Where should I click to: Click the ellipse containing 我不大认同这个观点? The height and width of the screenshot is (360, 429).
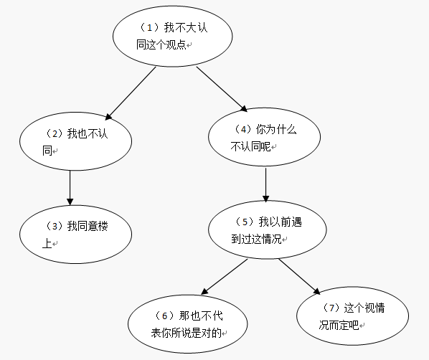point(172,36)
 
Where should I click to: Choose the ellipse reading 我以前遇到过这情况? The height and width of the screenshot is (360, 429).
point(267,229)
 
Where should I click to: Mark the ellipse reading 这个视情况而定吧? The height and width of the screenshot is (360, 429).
point(352,316)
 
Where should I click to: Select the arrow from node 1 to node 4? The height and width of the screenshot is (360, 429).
point(222,89)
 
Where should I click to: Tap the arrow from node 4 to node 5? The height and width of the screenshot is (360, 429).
point(266,184)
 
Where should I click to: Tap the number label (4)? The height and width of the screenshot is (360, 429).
point(242,130)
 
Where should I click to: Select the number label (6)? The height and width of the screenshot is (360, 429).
point(164,316)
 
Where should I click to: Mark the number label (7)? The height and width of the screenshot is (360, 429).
point(329,308)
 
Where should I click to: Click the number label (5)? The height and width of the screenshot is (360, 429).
point(244,222)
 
